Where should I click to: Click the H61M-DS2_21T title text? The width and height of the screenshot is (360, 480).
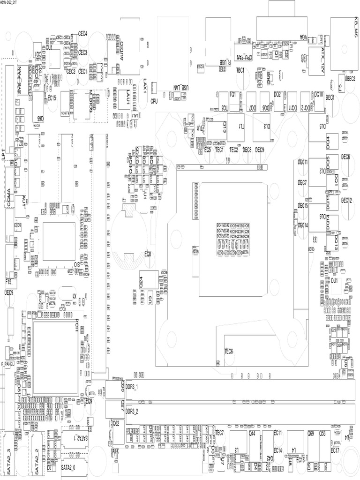pyautogui.click(x=11, y=2)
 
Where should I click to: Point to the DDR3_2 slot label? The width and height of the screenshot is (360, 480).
pyautogui.click(x=133, y=411)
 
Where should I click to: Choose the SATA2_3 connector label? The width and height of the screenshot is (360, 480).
pyautogui.click(x=10, y=462)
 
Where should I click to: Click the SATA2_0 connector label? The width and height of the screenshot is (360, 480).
pyautogui.click(x=70, y=467)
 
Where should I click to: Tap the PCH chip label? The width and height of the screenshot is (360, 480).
pyautogui.click(x=76, y=325)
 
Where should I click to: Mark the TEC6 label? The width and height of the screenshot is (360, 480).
pyautogui.click(x=228, y=351)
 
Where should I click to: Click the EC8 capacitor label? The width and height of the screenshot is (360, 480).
pyautogui.click(x=148, y=254)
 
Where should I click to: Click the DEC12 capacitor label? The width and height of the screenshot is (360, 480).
pyautogui.click(x=346, y=200)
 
